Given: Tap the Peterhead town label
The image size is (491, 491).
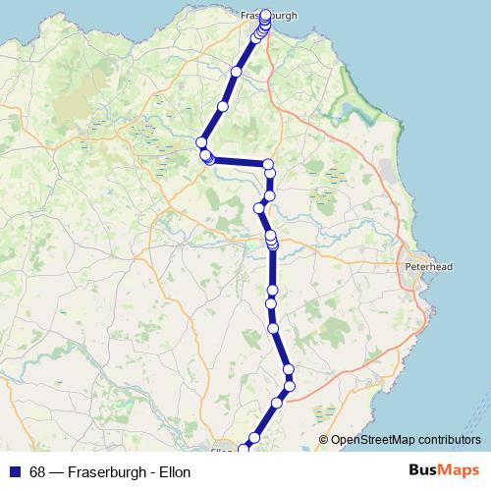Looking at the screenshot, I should point(427,266).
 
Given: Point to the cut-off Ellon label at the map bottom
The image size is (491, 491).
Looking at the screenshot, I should point(223,452).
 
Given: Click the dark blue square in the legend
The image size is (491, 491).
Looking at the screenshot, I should point(15,472).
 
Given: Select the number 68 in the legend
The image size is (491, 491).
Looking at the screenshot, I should point(37,472).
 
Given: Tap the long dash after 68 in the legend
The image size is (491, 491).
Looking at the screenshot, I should point(57,472).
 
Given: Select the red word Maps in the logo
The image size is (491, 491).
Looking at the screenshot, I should point(459,470).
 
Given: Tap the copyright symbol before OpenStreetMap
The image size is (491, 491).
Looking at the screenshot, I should point(325,440).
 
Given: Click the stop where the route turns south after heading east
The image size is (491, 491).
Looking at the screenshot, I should point(269,163).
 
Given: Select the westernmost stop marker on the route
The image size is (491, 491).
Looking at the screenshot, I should point(201,143).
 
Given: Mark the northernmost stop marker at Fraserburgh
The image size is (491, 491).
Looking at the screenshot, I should point(265,15).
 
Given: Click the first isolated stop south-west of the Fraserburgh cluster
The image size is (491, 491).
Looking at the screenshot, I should point(236,73).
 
